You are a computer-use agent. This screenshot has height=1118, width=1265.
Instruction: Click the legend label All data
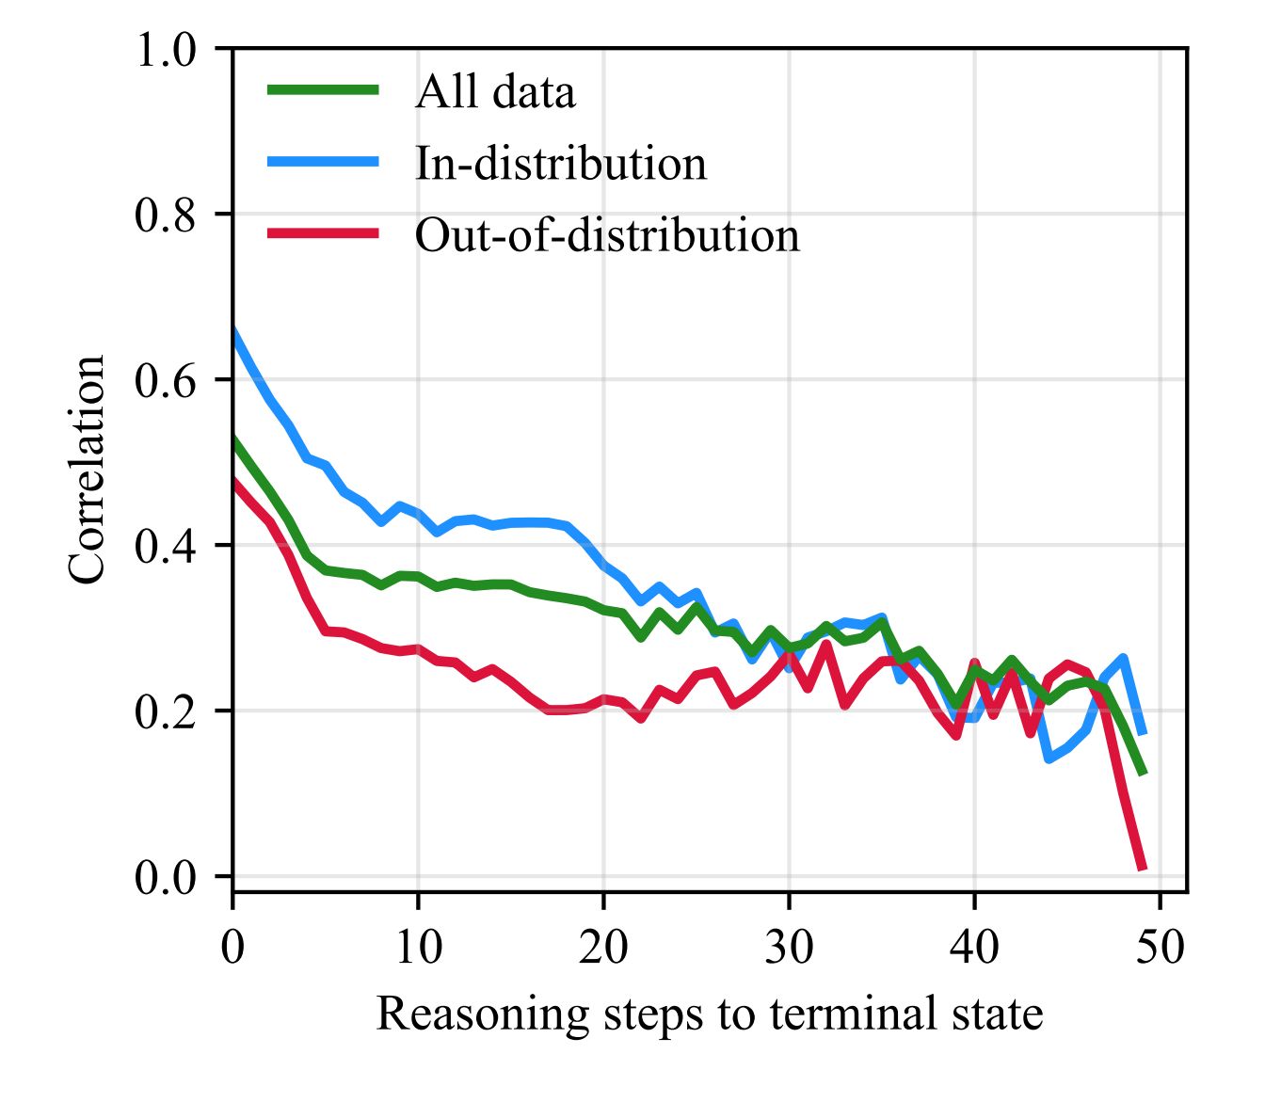[x=495, y=92]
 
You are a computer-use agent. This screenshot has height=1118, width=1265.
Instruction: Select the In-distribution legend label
[x=561, y=164]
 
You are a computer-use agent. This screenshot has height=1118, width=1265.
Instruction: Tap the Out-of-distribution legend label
[x=607, y=235]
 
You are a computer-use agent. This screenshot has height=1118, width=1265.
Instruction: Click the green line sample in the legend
[x=324, y=90]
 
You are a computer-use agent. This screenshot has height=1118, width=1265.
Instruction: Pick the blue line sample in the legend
[x=324, y=162]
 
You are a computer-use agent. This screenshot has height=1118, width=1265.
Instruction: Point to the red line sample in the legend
[x=324, y=233]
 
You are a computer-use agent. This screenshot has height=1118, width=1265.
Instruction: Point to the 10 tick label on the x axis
[x=418, y=947]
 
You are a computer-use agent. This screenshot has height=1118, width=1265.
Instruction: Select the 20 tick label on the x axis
[x=603, y=947]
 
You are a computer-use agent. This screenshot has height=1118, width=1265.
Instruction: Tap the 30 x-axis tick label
[x=789, y=947]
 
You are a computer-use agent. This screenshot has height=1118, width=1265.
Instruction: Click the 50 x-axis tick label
[x=1160, y=947]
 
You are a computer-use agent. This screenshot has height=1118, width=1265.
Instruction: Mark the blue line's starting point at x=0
[x=233, y=328]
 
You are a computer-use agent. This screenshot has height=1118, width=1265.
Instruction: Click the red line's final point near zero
[x=1143, y=868]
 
